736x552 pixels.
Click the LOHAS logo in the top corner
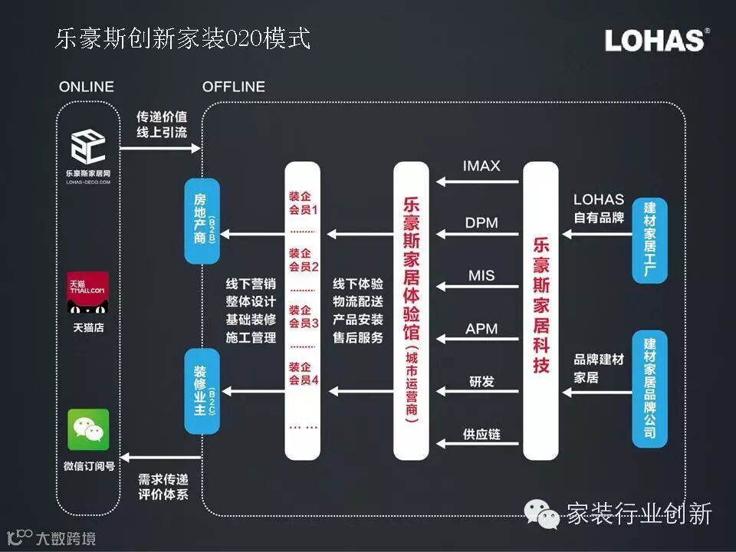pos(656,41)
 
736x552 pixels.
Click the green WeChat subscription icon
pos(88,429)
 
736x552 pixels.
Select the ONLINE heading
pos(86,87)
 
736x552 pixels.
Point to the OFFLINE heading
pos(234,87)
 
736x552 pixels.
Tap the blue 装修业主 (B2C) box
pos(202,391)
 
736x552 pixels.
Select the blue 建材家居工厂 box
pos(650,242)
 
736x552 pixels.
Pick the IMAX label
pos(481,166)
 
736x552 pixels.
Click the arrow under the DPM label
pos(478,235)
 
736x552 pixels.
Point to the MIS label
pos(481,275)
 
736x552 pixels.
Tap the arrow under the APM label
pos(478,340)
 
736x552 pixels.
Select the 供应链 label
pos(481,434)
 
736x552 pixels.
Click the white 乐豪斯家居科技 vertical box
pos(541,310)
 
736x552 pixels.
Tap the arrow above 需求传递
pos(160,458)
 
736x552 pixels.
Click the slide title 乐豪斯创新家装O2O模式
pos(183,39)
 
